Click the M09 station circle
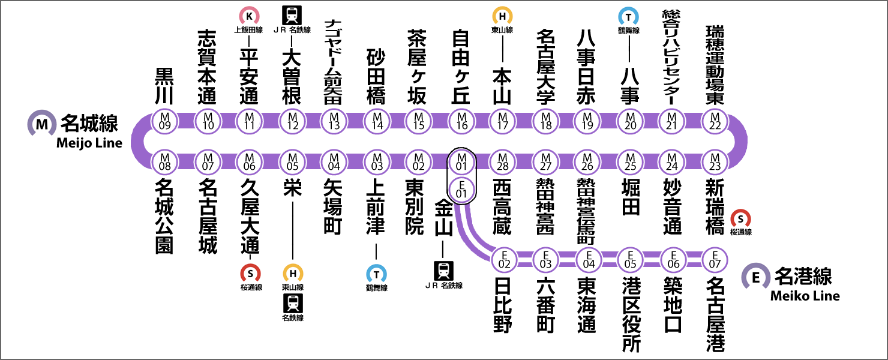coord(164,121)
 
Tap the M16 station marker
coord(461,121)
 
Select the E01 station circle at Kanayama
coord(461,189)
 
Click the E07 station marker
coord(715,259)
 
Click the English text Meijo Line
coord(89,143)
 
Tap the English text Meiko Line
coord(805,295)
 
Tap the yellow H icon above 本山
coord(502,15)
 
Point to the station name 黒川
coord(164,85)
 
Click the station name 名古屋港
coord(715,313)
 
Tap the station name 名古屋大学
coord(545,66)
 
